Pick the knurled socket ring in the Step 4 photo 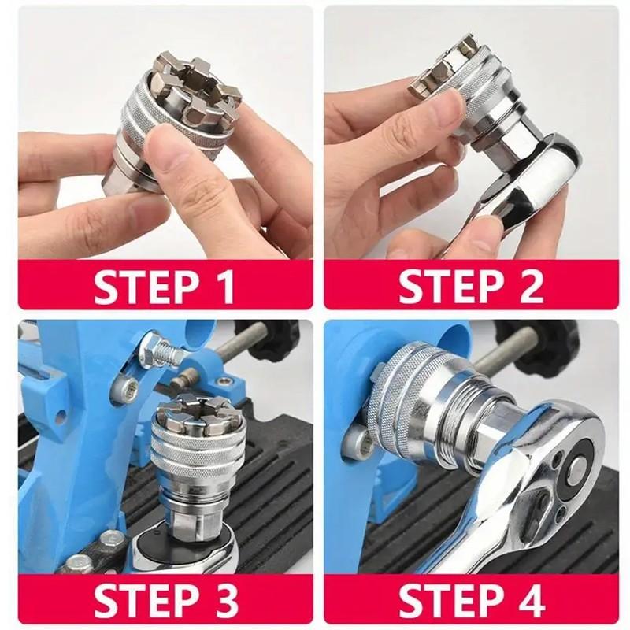coord(402,402)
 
